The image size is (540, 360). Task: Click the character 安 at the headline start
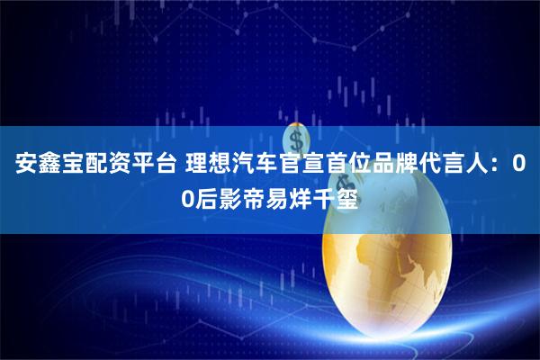coord(24,167)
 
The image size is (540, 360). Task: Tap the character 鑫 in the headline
coord(48,167)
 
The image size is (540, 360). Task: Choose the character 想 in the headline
coord(218,167)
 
